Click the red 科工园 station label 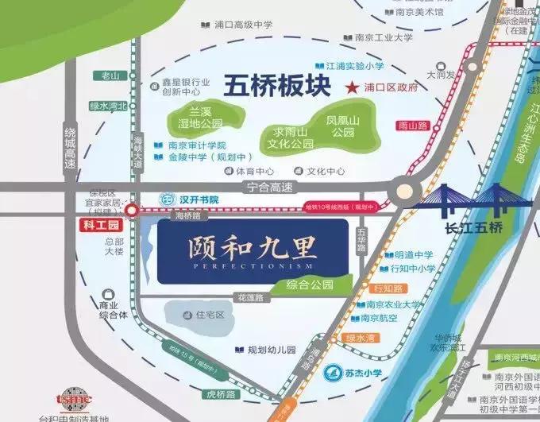pos(101,226)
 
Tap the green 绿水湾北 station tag pos(108,106)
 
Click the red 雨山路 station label pos(413,125)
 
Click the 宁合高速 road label pos(270,188)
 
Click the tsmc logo pos(75,398)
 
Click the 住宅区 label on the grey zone pos(210,315)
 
